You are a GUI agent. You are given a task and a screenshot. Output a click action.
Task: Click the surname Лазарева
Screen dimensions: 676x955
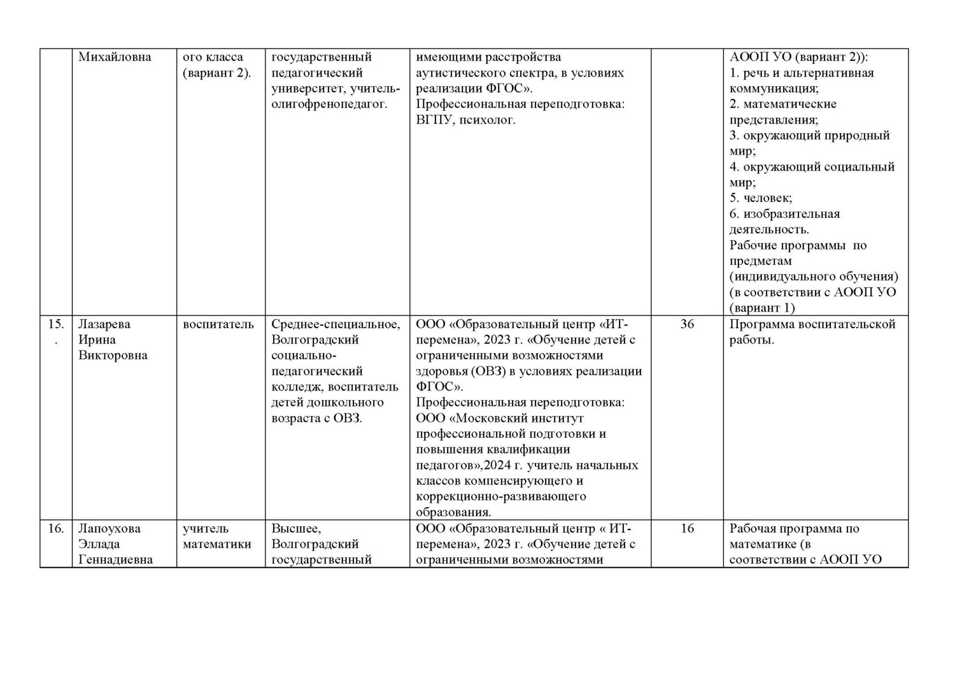104,324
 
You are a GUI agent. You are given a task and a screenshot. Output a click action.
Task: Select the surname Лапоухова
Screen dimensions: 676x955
109,529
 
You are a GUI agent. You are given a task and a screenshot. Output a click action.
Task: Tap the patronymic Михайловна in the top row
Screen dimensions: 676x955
115,57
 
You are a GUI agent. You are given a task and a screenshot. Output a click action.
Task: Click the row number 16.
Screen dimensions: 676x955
56,529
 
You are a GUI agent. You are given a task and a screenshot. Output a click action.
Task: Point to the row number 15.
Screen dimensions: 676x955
56,324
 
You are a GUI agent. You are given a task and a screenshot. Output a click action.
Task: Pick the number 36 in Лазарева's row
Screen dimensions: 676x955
687,324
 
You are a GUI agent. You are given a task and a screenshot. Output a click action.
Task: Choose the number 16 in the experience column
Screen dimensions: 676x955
687,529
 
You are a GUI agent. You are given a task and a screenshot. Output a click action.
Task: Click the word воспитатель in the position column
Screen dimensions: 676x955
218,324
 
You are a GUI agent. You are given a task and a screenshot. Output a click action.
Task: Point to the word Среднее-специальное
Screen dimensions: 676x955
336,324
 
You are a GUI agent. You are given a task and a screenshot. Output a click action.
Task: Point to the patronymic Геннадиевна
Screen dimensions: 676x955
115,560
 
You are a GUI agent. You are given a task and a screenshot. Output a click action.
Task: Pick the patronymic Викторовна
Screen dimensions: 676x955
113,356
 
